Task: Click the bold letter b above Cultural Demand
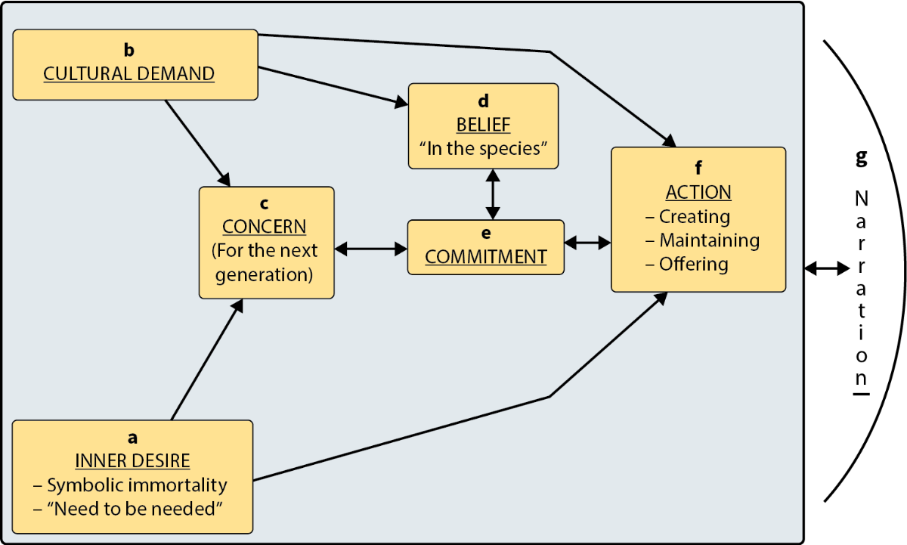tap(129, 50)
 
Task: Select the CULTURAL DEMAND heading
tap(129, 73)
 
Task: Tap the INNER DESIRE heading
tap(132, 460)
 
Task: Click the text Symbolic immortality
tap(136, 485)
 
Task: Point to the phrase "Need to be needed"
tap(132, 509)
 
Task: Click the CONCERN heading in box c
tap(265, 227)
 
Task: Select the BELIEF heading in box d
tap(483, 124)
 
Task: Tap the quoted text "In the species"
tap(483, 148)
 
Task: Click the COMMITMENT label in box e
tap(485, 257)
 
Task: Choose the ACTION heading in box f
tap(698, 192)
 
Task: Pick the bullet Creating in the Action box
tap(694, 216)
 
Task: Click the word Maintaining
tap(709, 240)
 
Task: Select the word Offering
tap(693, 265)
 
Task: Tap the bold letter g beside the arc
tap(861, 159)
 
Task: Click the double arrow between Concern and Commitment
tap(370, 247)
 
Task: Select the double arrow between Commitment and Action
tap(588, 243)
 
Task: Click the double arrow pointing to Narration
tap(827, 268)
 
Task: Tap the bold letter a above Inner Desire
tap(133, 437)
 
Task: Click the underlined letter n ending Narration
tap(861, 378)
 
